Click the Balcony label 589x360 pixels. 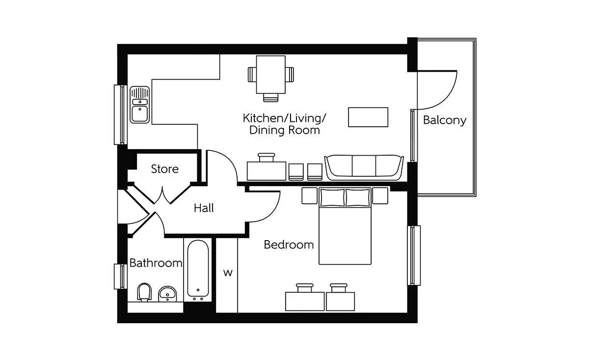coord(445,120)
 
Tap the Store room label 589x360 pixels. coord(165,169)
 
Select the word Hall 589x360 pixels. coord(204,208)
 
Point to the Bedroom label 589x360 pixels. coord(289,245)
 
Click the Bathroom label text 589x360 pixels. coord(156,263)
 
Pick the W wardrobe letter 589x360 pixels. coord(228,273)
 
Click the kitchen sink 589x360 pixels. coord(139,105)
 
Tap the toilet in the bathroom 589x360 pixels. coord(144,292)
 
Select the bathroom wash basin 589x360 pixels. coord(167,294)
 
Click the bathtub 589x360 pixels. coord(198,270)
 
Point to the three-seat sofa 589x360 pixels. coord(364,167)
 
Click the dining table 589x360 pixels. coord(271,75)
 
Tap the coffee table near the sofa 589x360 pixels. coord(368,117)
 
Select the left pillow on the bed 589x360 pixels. coord(332,197)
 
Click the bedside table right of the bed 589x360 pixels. coord(380,195)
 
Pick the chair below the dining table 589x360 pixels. coord(271,98)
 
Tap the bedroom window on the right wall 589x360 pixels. coord(414,255)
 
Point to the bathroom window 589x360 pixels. coord(120,277)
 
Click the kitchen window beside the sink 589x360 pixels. coord(120,115)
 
